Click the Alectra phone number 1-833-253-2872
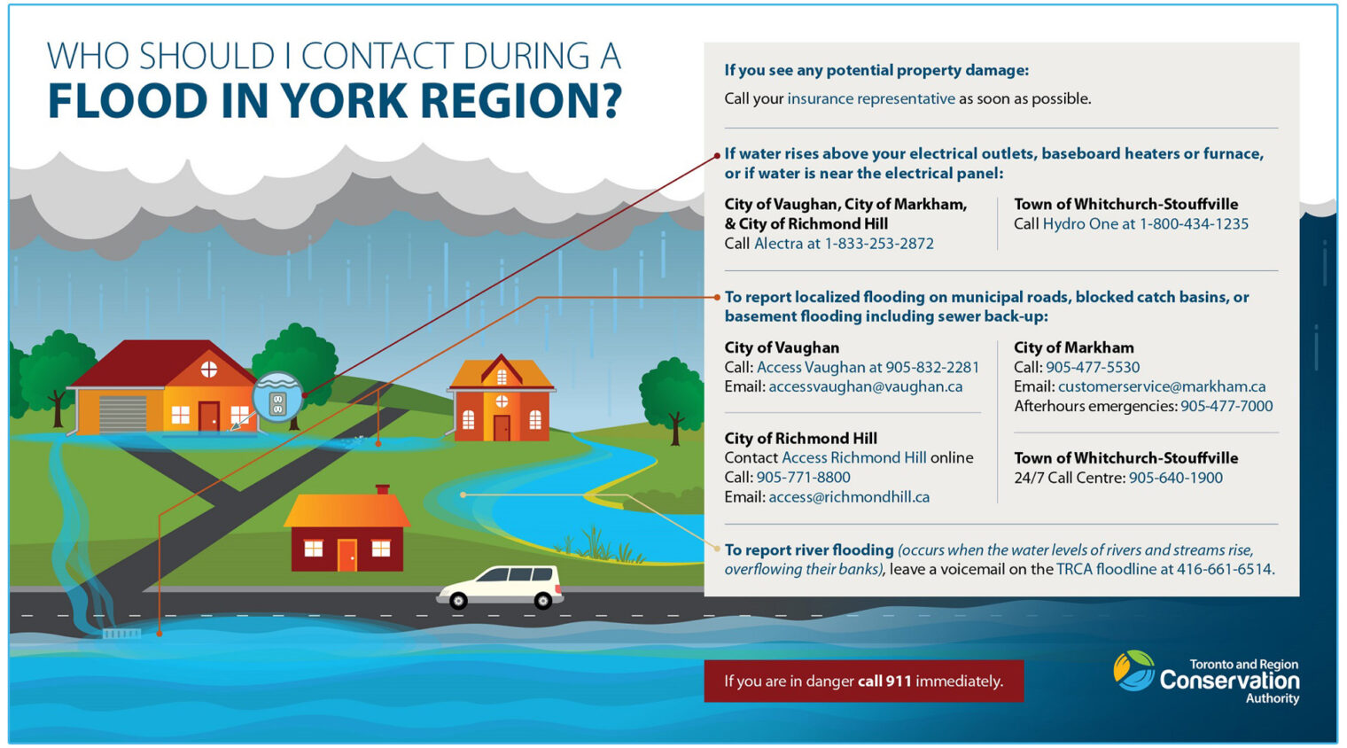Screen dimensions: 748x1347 [x=879, y=244]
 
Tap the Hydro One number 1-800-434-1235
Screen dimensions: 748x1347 [x=1194, y=224]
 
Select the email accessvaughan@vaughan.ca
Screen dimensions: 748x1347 [x=865, y=387]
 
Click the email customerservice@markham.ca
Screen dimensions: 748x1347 [x=1161, y=387]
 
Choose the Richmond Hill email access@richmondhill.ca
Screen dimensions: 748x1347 [x=849, y=497]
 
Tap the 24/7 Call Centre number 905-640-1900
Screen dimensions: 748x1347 [x=1175, y=478]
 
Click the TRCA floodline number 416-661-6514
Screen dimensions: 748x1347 [x=1224, y=570]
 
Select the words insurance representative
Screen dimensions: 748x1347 [x=870, y=99]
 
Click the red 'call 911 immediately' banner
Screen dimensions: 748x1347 [x=863, y=681]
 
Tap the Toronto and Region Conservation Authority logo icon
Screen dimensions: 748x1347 [x=1133, y=671]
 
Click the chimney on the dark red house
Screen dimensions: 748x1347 [x=382, y=489]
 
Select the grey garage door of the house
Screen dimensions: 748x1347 [x=123, y=414]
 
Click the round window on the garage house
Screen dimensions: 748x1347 [x=209, y=370]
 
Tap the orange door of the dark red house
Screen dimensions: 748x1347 [x=346, y=555]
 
